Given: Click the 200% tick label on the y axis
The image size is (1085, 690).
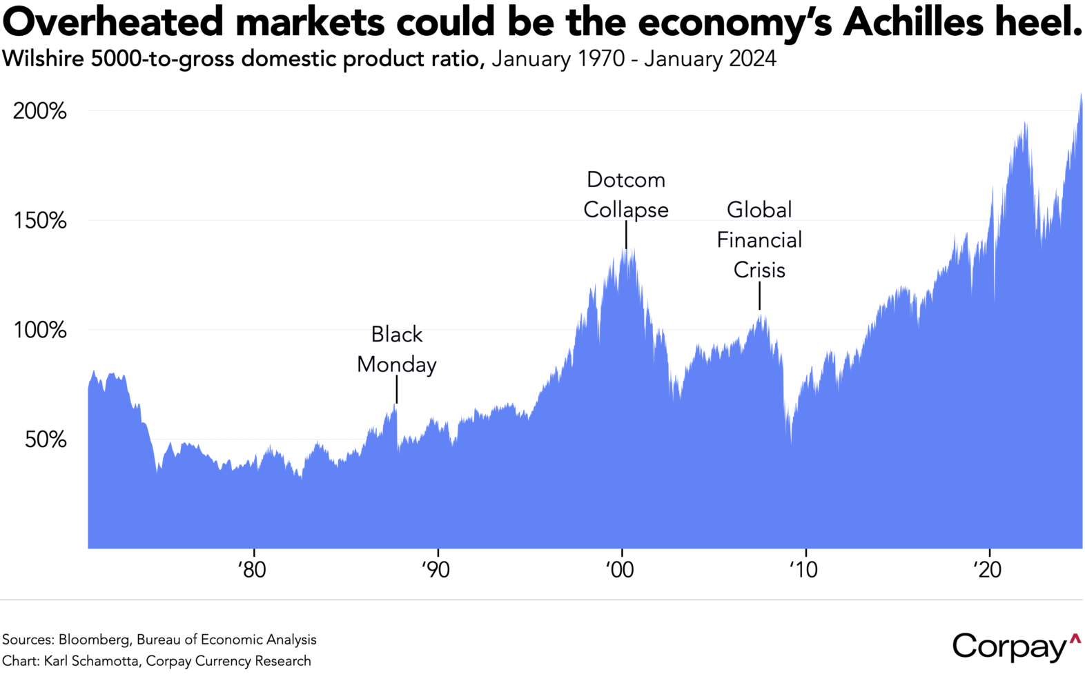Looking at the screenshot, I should coord(40,111).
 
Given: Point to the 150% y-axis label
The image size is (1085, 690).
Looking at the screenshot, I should coord(40,221).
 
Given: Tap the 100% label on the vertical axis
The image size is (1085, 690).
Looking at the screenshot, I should coord(40,331).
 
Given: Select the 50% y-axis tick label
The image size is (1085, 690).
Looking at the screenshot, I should coord(46,440).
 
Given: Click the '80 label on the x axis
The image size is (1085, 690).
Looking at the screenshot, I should coord(253,570).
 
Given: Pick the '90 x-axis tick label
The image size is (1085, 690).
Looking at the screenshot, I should coord(436,570).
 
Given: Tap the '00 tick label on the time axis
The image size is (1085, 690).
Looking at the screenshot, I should coord(620,570).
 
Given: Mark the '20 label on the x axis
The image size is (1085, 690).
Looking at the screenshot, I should coord(987,570).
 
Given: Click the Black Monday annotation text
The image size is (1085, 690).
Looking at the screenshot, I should coord(397,349).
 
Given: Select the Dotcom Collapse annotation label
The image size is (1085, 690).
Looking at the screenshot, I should coord(626,195).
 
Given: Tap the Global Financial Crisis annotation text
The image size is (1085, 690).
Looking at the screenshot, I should coord(759,239).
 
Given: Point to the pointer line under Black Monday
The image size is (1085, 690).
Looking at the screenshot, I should coord(397,390).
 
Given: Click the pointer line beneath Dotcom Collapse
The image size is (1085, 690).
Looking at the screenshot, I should coord(626,235).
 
